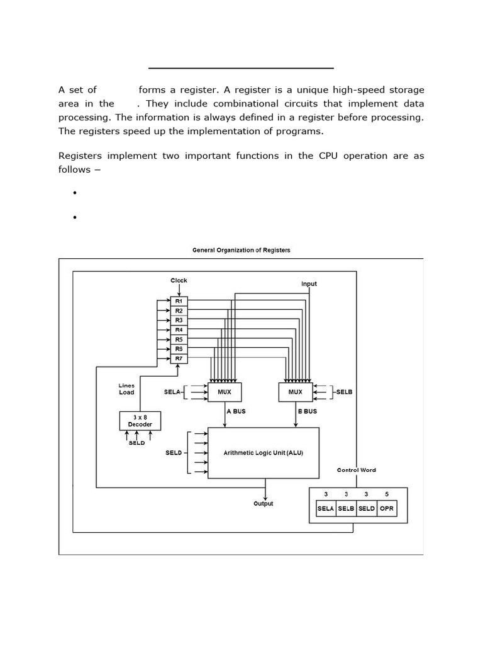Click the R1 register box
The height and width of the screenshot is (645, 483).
179,302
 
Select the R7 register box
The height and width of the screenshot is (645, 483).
179,358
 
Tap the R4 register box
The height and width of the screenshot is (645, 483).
179,330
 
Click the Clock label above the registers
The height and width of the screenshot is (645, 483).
179,280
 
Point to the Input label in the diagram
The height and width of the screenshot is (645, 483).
309,284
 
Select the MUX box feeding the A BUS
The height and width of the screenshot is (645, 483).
225,392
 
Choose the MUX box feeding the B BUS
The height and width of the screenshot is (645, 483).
295,392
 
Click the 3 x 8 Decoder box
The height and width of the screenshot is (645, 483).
140,421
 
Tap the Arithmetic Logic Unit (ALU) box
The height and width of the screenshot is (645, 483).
264,453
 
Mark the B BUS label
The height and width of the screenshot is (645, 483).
306,411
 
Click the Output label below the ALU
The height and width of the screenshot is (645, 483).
264,504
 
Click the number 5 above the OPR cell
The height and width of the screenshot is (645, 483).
387,494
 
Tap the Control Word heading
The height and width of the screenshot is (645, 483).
357,470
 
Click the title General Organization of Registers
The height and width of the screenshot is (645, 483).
241,250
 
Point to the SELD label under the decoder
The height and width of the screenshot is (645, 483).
136,443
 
